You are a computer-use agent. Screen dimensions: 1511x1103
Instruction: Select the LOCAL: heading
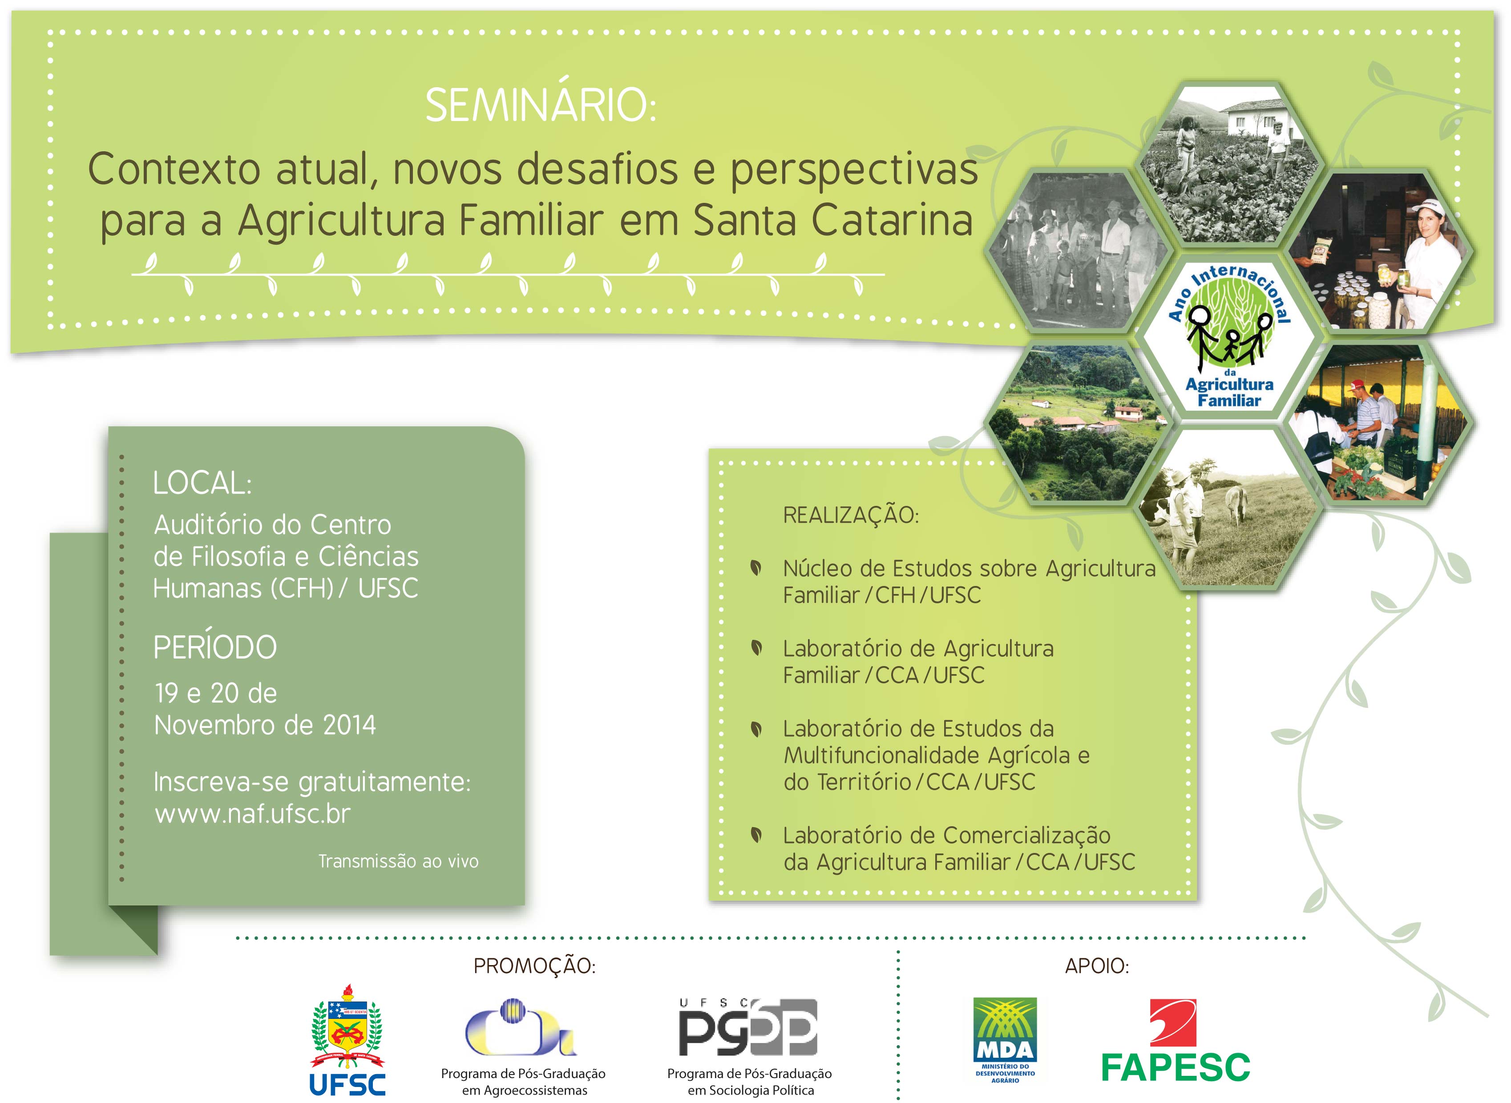(x=202, y=483)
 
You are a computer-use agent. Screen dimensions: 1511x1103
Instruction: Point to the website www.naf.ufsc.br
(x=252, y=813)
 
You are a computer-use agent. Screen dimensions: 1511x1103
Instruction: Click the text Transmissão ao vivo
(x=398, y=861)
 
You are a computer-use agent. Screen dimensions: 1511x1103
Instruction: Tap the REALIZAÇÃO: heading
(x=851, y=515)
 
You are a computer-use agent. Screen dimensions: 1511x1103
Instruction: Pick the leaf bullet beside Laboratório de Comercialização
(x=756, y=835)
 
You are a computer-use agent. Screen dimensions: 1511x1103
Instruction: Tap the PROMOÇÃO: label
(x=534, y=966)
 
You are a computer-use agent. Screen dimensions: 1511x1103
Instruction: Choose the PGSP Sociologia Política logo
(x=748, y=1028)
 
